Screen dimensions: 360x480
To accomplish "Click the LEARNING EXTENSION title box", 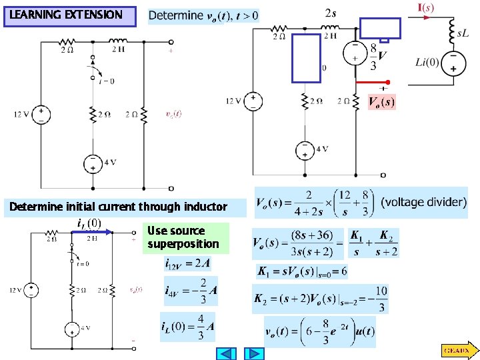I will click(x=70, y=15).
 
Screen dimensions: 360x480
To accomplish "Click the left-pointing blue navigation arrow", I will click(x=227, y=353).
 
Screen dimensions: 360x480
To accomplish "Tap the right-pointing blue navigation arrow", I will click(x=254, y=353).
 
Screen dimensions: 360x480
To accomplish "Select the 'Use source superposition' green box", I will click(x=187, y=237).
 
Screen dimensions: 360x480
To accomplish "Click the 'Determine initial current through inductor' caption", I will click(x=118, y=207).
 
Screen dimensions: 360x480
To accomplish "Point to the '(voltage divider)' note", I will click(x=423, y=201).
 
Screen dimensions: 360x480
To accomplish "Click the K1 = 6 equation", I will click(x=301, y=272).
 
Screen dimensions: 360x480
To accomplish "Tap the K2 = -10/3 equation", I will click(x=320, y=299).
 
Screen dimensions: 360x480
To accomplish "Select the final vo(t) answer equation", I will click(x=320, y=331).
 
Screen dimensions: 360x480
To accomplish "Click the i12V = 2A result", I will click(x=188, y=263).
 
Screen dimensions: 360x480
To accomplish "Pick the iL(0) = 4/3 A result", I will click(x=187, y=326).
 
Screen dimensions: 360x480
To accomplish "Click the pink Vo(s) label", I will click(x=381, y=102).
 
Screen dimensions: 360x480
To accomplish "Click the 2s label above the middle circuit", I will click(x=331, y=13).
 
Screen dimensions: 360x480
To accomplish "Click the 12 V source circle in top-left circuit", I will click(x=41, y=114).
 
